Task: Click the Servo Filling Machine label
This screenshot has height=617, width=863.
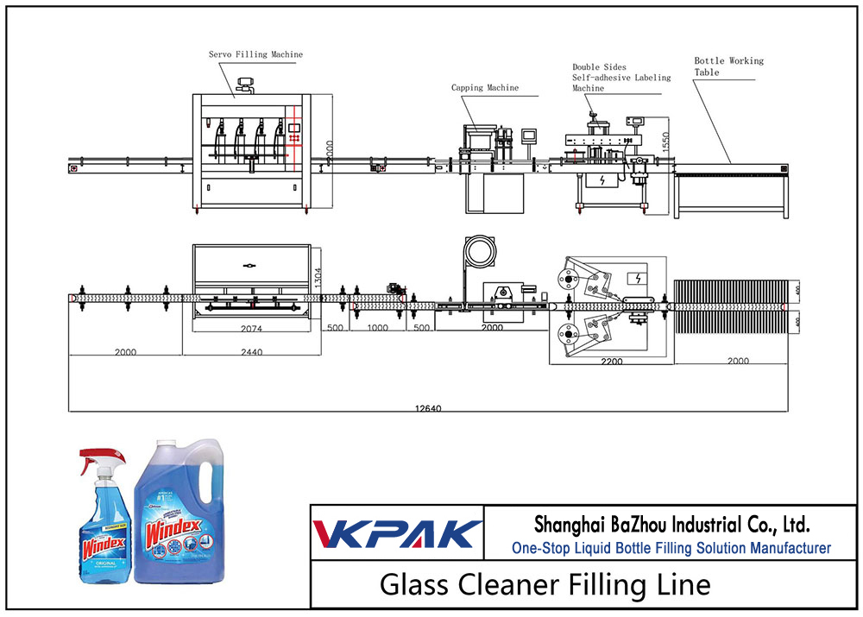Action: point(255,54)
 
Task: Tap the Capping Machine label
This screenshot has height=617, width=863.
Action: point(485,87)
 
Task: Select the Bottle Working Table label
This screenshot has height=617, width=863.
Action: point(728,66)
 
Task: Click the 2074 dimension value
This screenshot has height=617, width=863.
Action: point(250,328)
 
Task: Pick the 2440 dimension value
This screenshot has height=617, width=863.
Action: point(250,352)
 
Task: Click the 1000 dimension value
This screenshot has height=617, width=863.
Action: point(377,328)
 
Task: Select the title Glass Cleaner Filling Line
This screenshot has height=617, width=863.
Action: point(545,584)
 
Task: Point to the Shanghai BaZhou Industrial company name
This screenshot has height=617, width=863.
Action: point(671,524)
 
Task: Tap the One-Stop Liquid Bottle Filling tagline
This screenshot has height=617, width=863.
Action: point(671,548)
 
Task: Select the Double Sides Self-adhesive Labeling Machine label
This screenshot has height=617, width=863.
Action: point(621,78)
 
